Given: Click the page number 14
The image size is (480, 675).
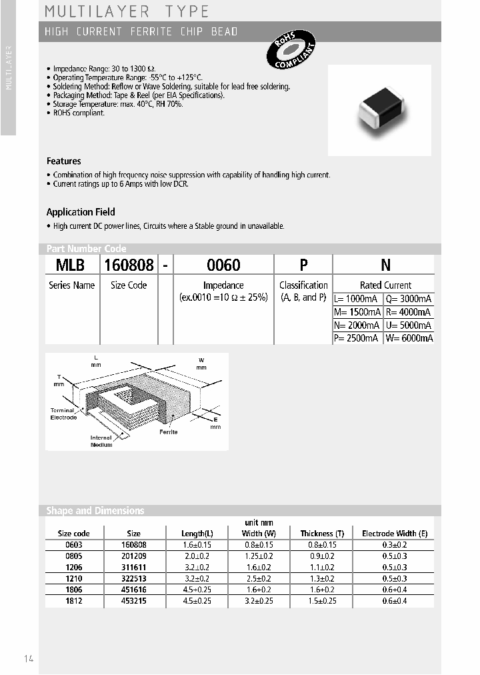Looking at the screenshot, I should pos(29,659).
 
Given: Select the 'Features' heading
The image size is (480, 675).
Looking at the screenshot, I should pos(63,161).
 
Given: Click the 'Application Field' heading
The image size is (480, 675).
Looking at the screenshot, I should pos(81,212).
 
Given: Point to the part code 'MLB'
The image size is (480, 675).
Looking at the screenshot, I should pos(70,265).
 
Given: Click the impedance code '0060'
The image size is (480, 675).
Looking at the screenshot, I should pos(223,265).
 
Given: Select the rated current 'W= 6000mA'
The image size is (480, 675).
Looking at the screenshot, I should pos(409,338).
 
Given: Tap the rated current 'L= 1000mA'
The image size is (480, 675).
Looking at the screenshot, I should pos(357,299).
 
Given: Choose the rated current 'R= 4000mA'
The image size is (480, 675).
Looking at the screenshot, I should pos(409,312).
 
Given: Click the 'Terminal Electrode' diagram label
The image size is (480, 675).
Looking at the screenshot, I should pos(63,414).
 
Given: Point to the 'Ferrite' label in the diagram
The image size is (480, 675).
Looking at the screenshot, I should pos(168,432).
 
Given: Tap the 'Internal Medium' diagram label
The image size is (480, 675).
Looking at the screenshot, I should pos(101,441).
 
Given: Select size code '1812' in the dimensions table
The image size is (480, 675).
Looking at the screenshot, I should pos(73,601).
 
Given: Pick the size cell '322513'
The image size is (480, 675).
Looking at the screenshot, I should pos(133,578).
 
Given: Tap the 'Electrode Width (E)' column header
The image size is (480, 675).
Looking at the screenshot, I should pos(395,534).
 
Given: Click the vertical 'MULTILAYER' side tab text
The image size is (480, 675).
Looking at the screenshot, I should pos(8,69).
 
